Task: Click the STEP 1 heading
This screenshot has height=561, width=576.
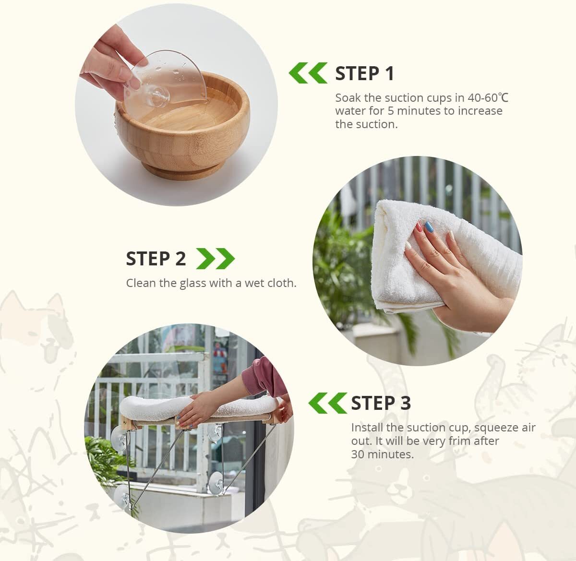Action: (x=364, y=73)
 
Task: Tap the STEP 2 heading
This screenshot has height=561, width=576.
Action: (x=156, y=259)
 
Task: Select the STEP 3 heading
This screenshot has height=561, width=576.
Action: (x=381, y=403)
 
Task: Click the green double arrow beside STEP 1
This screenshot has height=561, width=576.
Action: (x=308, y=73)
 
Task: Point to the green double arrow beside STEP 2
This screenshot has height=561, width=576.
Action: (x=216, y=259)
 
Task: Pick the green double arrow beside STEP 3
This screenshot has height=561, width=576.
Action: (x=328, y=403)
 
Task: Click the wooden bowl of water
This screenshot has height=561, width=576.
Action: (x=182, y=125)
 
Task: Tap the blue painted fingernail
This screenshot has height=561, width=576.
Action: (x=429, y=227)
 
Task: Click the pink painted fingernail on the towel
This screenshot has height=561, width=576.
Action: (x=418, y=227)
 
